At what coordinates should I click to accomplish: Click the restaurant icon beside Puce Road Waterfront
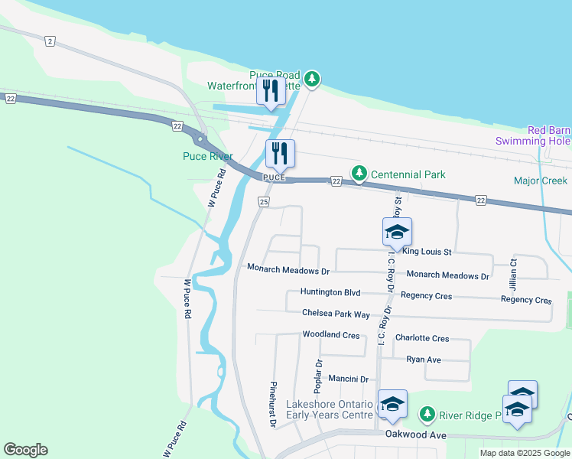271,92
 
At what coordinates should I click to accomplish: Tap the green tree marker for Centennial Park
358,174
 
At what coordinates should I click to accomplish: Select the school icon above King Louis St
397,233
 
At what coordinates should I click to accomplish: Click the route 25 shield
264,202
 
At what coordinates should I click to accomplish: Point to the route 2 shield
50,41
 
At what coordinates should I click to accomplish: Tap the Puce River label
206,156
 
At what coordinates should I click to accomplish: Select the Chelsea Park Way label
336,314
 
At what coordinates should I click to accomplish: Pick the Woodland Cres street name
330,335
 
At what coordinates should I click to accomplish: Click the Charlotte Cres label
422,338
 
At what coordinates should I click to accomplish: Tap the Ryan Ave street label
424,359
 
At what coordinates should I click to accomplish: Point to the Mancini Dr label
348,379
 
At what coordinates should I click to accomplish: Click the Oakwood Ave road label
415,435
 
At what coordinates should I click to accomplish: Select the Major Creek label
541,181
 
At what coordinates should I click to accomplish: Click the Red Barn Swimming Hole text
544,135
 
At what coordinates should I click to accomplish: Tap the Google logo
25,450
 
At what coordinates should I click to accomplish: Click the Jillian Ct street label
514,272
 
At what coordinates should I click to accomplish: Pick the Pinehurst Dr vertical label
272,403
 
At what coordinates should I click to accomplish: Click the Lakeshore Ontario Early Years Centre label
330,409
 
